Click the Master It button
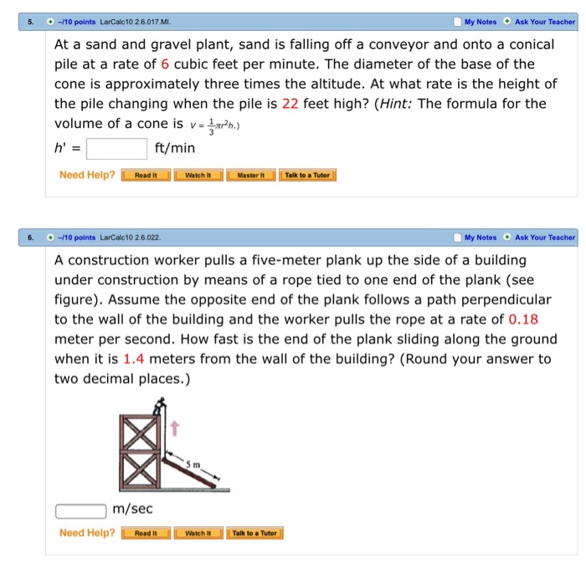click(x=251, y=175)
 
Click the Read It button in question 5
click(x=146, y=175)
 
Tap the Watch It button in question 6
click(x=198, y=533)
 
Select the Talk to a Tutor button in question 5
click(x=309, y=175)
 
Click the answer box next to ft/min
click(x=117, y=148)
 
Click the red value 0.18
click(x=522, y=319)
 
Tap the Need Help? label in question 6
click(x=87, y=533)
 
